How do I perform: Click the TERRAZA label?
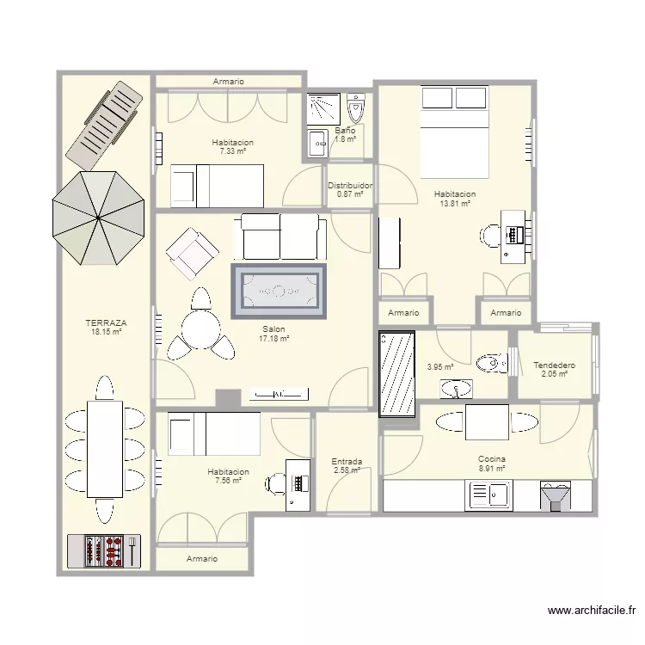[106, 323]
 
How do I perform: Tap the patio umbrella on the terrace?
[98, 218]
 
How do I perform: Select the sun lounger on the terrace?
[105, 126]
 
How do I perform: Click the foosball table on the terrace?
[104, 550]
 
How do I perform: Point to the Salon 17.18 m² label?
[274, 334]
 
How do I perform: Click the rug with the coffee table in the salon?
[279, 292]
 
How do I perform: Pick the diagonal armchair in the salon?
[192, 254]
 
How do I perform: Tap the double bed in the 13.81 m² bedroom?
[455, 132]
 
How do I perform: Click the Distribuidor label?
[351, 186]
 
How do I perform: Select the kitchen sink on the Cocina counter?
[488, 495]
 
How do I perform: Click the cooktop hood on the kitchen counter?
[556, 496]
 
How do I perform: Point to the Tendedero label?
[555, 365]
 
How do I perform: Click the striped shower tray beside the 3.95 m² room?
[397, 374]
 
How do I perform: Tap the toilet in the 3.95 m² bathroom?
[493, 363]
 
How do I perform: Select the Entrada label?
[347, 462]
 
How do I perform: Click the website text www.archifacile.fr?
[592, 611]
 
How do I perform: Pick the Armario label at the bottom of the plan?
[202, 559]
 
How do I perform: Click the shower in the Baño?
[323, 109]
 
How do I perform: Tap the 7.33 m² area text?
[233, 151]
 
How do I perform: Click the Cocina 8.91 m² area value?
[492, 468]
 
